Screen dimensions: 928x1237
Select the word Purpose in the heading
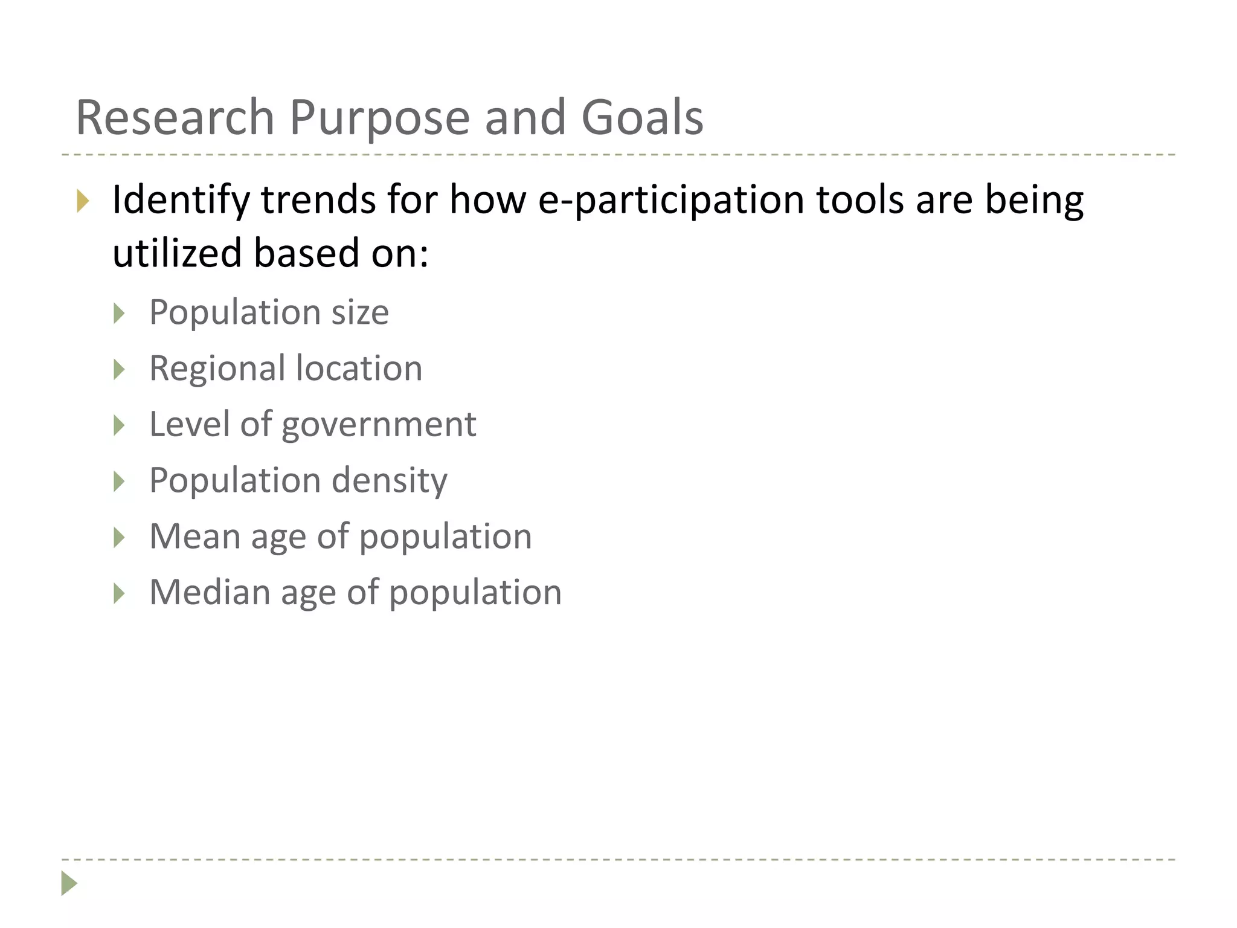click(379, 117)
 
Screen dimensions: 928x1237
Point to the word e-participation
click(670, 200)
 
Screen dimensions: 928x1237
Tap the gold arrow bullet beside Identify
click(83, 201)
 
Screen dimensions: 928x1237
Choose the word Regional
click(217, 369)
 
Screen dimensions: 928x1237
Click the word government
click(379, 425)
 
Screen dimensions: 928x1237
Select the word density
click(390, 481)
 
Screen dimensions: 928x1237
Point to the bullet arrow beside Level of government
click(119, 425)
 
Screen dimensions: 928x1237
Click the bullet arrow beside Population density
click(119, 482)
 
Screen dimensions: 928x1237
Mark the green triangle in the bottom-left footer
click(69, 883)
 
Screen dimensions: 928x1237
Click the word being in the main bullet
click(1034, 200)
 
